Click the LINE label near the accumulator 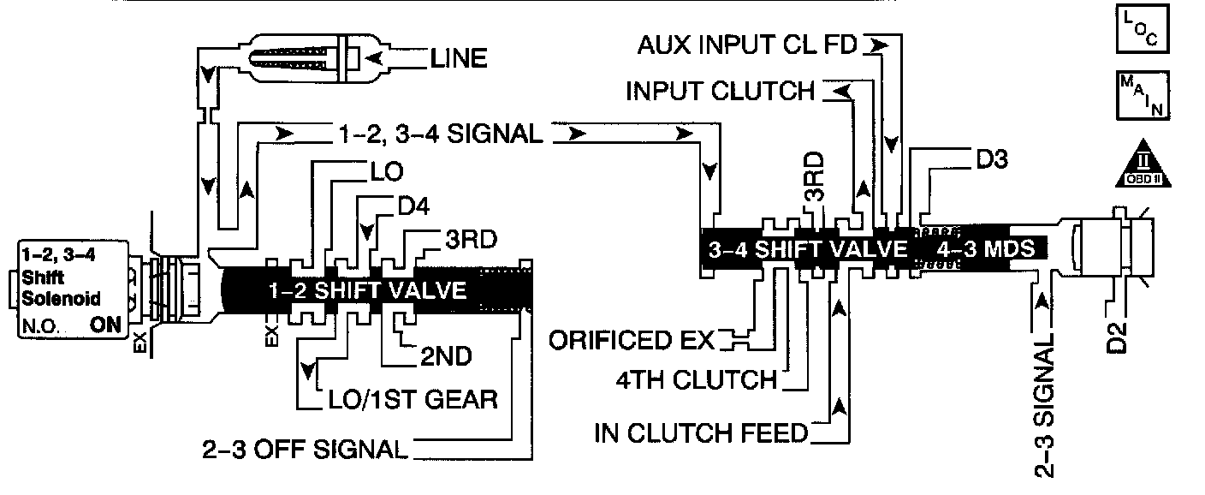point(459,58)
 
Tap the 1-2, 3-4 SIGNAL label point(436,134)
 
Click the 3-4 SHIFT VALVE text point(807,248)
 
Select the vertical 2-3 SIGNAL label point(1045,401)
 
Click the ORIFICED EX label point(632,341)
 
